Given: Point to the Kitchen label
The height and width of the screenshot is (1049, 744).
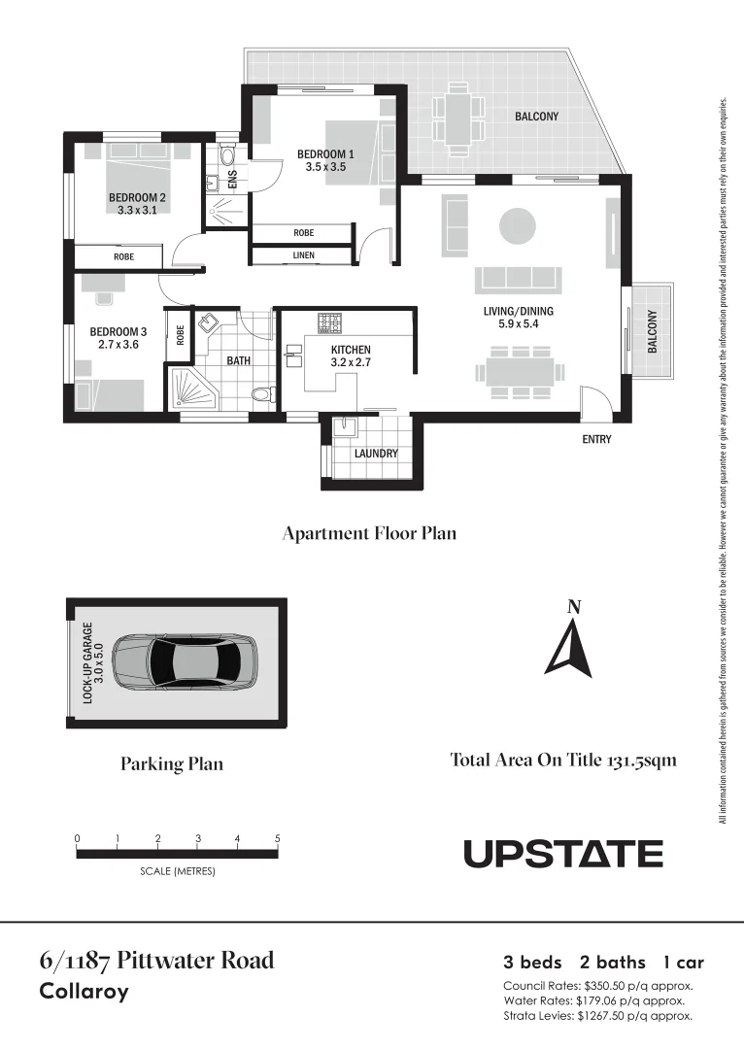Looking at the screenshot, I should click(x=351, y=350).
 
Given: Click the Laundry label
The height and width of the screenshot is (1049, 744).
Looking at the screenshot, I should click(x=375, y=454).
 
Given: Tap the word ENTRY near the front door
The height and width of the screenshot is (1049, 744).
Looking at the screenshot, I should click(x=596, y=440).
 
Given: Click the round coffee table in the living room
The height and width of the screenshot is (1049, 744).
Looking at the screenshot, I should click(x=518, y=227).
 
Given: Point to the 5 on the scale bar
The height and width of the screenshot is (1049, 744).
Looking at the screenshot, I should click(x=278, y=838).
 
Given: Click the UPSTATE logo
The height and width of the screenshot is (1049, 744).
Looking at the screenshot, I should click(x=563, y=854).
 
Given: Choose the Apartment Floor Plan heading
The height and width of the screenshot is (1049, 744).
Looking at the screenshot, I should click(x=368, y=533).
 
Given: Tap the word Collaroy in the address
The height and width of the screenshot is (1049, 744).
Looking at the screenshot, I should click(x=84, y=993).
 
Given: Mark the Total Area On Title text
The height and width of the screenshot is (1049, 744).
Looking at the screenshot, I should click(x=563, y=761).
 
